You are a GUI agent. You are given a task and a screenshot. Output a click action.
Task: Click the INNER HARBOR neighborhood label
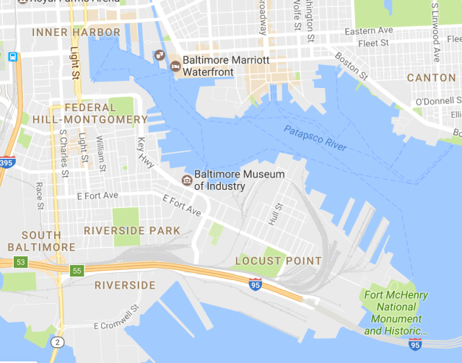(76, 32)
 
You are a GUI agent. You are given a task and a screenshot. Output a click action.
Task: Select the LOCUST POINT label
(279, 261)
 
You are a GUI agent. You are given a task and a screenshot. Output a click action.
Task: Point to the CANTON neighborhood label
(431, 77)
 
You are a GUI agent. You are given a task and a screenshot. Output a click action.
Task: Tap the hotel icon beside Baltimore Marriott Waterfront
(175, 66)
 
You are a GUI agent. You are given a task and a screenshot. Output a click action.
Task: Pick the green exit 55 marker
(76, 271)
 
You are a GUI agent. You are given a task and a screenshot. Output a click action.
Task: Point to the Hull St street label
(274, 214)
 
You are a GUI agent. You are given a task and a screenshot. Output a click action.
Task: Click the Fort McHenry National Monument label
(396, 312)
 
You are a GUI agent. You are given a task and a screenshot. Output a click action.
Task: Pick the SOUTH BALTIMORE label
(47, 241)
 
